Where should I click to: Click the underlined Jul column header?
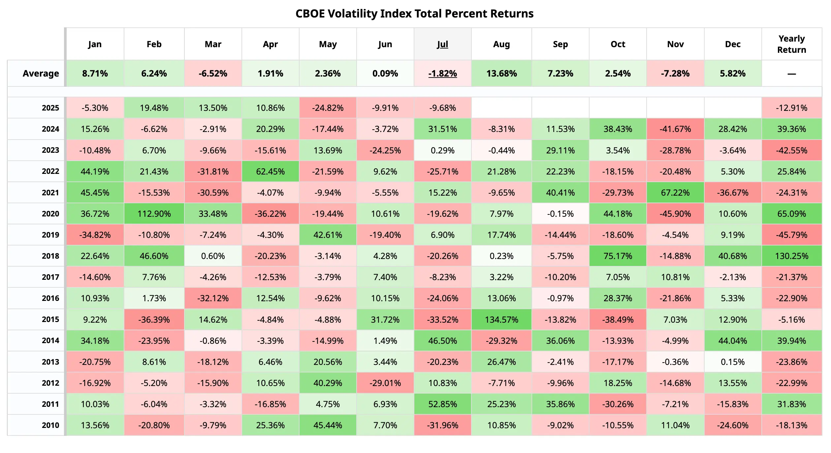point(442,44)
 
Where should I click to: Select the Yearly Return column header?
point(791,44)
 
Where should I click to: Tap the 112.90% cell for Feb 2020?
point(154,214)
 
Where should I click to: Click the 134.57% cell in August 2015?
point(501,319)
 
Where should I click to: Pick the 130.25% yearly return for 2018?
point(791,256)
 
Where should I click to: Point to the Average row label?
point(41,73)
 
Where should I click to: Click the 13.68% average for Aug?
point(501,73)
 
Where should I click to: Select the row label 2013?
point(50,362)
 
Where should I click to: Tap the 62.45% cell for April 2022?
point(270,172)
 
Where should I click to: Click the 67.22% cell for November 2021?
point(675,193)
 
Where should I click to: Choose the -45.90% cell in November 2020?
point(675,214)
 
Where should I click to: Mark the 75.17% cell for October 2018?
point(618,256)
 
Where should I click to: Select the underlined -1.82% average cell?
point(442,73)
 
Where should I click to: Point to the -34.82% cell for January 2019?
point(95,235)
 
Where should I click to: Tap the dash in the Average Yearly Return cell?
point(791,74)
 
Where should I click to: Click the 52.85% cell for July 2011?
point(442,404)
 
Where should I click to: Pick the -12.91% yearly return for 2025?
point(791,108)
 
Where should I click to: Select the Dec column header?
point(733,44)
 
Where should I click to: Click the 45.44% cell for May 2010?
point(328,425)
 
